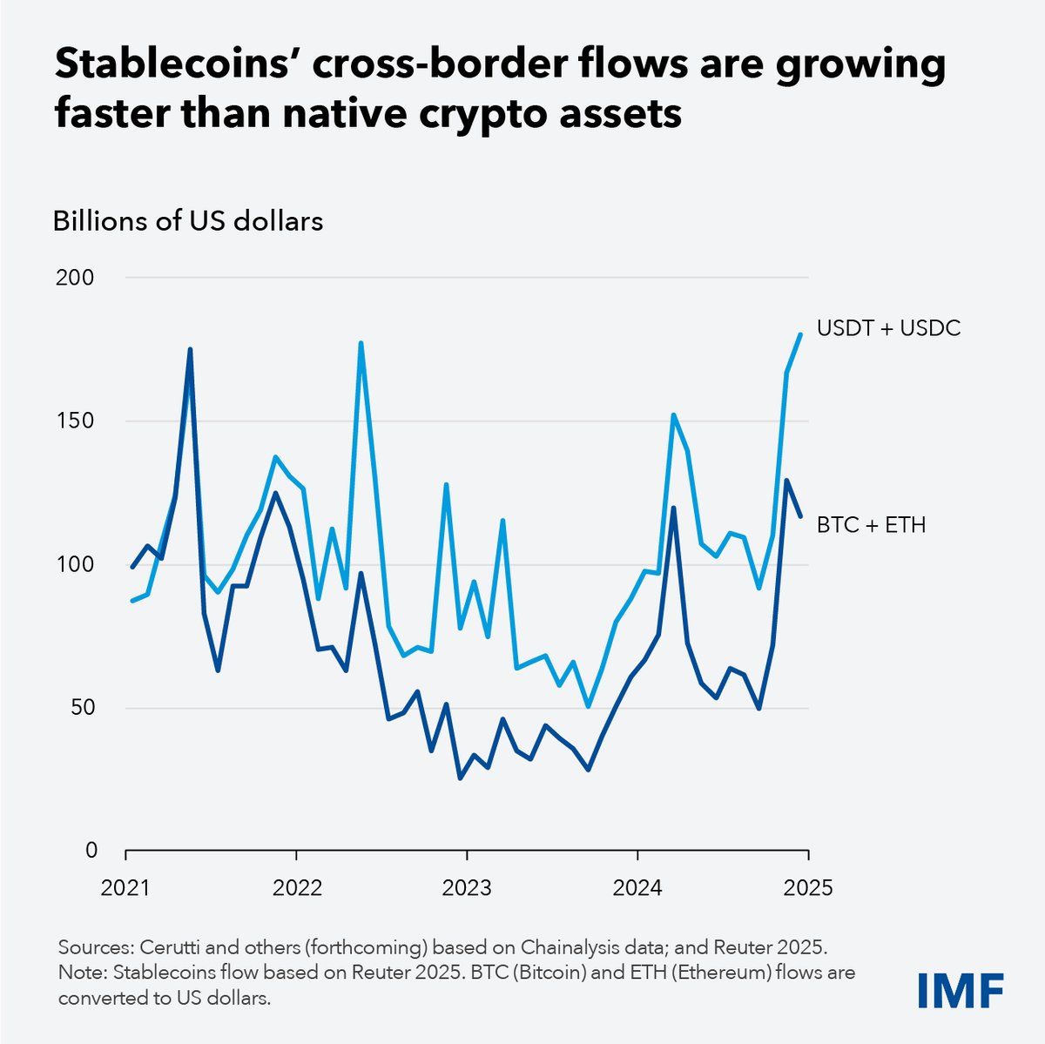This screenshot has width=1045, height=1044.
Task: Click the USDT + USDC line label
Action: (x=888, y=328)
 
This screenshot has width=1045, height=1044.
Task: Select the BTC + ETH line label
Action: (x=871, y=525)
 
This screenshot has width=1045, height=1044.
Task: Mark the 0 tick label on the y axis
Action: (x=91, y=850)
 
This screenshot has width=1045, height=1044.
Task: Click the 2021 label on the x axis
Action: (x=125, y=888)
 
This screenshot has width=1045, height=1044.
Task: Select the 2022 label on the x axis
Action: (x=297, y=888)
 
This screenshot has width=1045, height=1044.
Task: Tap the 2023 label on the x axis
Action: (x=468, y=888)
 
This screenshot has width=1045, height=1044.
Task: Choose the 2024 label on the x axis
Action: (x=638, y=888)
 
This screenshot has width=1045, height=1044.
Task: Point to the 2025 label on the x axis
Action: (x=809, y=888)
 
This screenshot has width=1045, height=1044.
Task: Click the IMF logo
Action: (x=961, y=990)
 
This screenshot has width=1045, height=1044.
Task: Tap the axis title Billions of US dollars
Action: (x=188, y=221)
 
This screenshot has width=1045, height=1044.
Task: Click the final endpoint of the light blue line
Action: (x=800, y=334)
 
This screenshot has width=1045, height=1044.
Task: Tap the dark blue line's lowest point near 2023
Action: (x=460, y=778)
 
